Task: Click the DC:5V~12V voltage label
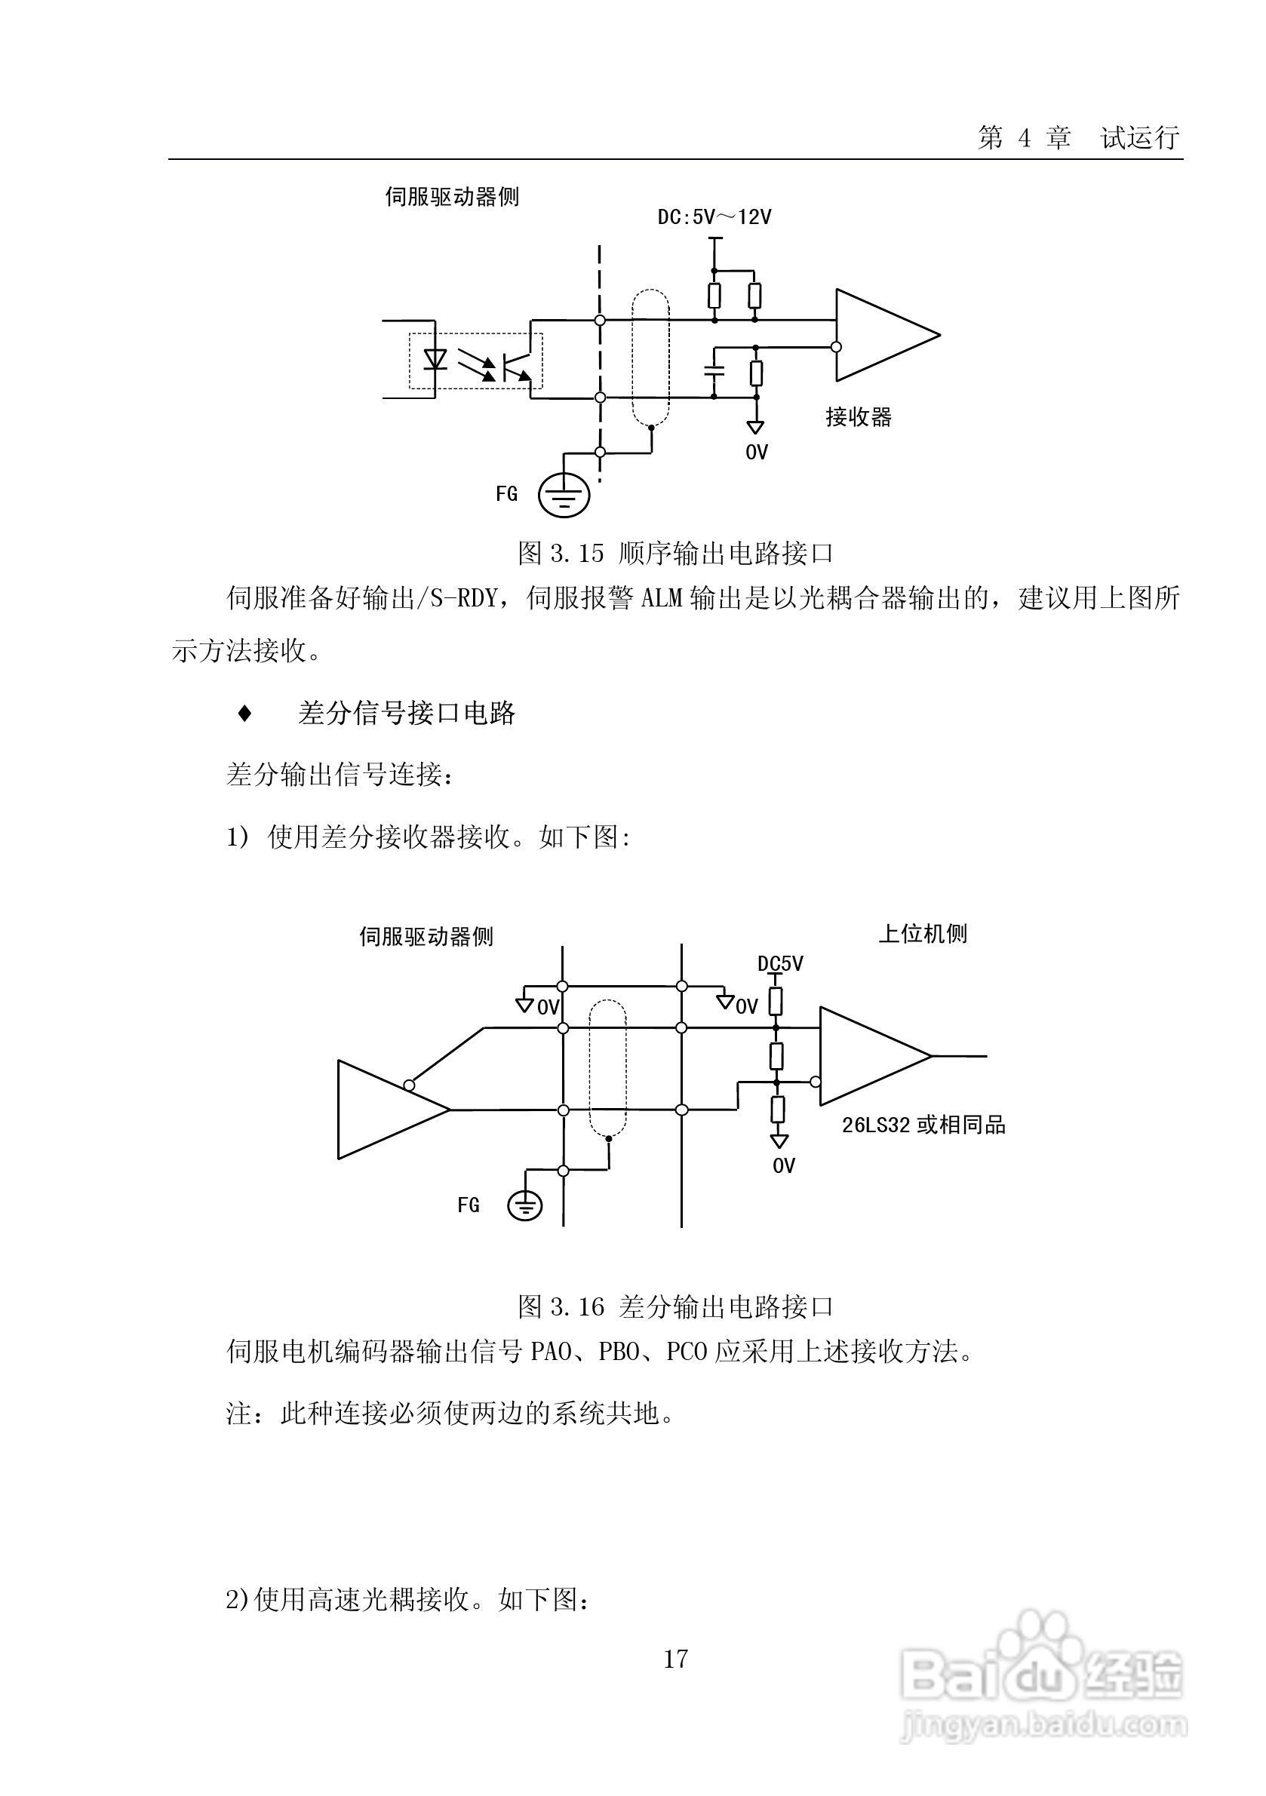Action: (x=714, y=216)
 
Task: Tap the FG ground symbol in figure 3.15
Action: (x=564, y=494)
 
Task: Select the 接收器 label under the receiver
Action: (x=859, y=417)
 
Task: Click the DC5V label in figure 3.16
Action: (x=780, y=964)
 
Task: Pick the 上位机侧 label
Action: (x=923, y=933)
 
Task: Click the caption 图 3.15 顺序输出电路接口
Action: (x=675, y=553)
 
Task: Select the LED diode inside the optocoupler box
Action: (x=435, y=359)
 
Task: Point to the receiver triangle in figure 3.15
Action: (x=880, y=336)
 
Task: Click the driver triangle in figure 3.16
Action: (x=383, y=1109)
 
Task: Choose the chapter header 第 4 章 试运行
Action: (x=1078, y=139)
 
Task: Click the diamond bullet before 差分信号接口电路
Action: (x=245, y=714)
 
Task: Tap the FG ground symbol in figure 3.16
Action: (x=525, y=1205)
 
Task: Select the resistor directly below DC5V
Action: (x=776, y=1000)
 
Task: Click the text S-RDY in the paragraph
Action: (x=464, y=600)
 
